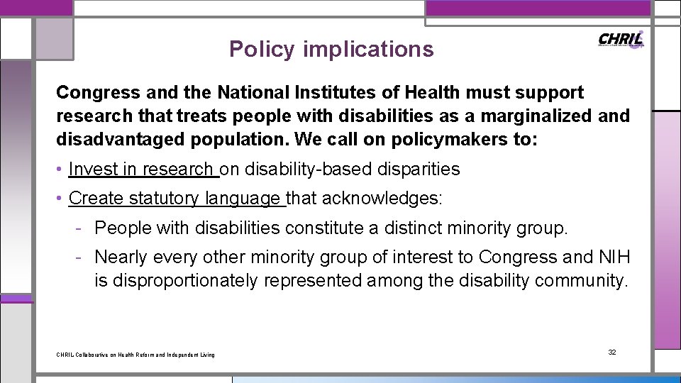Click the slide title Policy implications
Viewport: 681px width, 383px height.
point(331,49)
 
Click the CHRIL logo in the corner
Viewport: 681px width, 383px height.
point(621,40)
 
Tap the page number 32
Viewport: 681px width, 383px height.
point(612,353)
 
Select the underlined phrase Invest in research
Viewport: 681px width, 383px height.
point(141,170)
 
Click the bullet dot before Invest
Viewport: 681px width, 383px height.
point(61,170)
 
